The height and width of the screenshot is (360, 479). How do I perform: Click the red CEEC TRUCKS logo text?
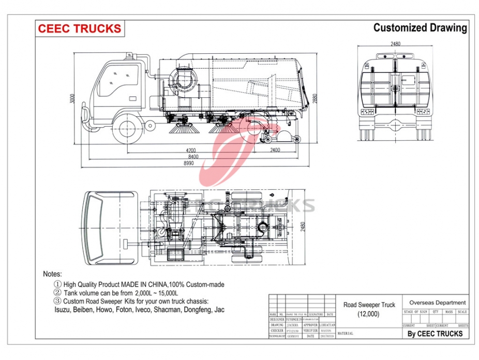tap(79, 28)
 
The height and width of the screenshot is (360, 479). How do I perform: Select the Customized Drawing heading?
tap(420, 28)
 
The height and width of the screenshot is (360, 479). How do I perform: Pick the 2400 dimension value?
tap(274, 150)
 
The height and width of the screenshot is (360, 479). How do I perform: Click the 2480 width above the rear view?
tap(395, 44)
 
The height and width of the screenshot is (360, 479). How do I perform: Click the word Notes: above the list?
tap(52, 274)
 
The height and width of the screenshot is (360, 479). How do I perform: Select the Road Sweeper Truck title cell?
tap(369, 309)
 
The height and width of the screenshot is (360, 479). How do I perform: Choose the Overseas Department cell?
tap(437, 303)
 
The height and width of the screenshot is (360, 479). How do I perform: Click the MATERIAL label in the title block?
tap(346, 334)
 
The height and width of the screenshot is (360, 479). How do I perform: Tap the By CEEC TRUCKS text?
tap(435, 334)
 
